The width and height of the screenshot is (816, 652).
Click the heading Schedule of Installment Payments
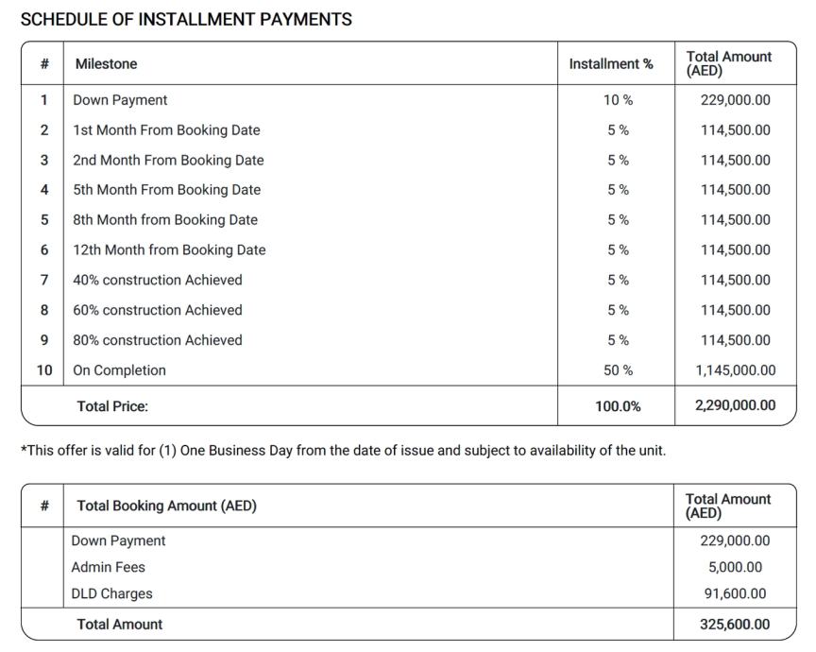tap(186, 19)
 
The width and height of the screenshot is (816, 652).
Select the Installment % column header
tap(610, 64)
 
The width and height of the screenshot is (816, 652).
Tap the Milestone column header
tap(106, 64)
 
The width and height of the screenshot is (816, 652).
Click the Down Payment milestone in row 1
tap(120, 100)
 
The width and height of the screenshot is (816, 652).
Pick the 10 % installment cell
tap(618, 100)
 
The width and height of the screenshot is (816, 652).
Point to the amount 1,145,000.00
tap(735, 370)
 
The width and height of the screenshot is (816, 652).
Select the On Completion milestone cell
tap(119, 370)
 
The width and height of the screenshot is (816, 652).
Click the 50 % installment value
tap(618, 370)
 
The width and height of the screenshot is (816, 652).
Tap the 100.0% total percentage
tap(618, 406)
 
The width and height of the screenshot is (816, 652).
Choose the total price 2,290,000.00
tap(735, 405)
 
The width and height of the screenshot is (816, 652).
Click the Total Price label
tap(112, 406)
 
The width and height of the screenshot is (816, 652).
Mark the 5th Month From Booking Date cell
tap(166, 190)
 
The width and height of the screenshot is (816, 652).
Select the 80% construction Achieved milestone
tap(157, 340)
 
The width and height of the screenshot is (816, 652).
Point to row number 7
tap(44, 280)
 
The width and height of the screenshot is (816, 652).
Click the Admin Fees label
tap(108, 567)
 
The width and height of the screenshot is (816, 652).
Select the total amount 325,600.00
tap(735, 625)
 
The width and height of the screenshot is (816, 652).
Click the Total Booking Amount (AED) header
tap(166, 506)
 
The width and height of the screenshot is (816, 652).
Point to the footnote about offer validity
tap(343, 450)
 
